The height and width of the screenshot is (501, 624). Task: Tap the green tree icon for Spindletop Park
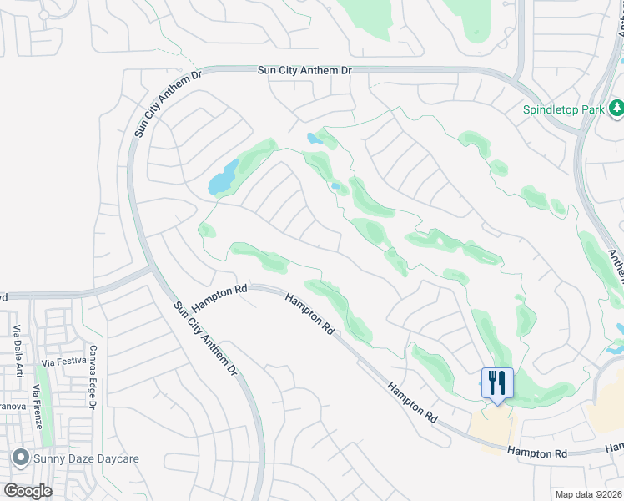616,108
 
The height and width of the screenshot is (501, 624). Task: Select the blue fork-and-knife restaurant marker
497,383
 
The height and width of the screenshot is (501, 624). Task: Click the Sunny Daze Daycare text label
86,458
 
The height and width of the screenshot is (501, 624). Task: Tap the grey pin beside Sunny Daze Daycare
20,458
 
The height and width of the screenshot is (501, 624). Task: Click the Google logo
27,490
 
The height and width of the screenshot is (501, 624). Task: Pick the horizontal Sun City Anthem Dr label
304,73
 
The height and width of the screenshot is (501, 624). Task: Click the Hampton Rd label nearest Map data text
538,453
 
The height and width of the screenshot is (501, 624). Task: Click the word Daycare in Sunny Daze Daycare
115,458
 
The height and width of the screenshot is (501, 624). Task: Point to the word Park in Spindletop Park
593,109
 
